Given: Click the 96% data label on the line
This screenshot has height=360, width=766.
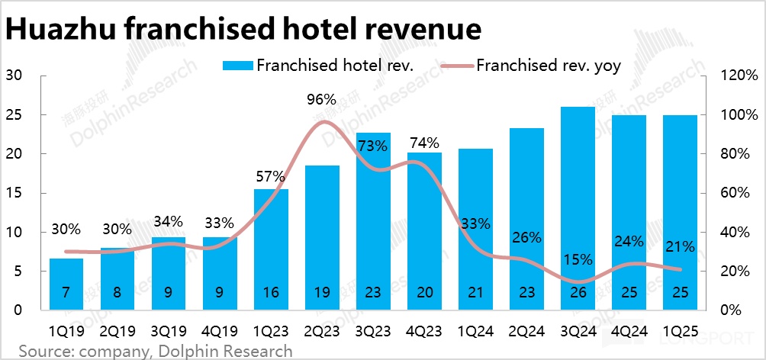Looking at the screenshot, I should [x=321, y=99].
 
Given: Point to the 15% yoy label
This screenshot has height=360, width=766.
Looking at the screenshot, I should [x=578, y=259].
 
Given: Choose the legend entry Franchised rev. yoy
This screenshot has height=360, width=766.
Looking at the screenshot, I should [x=549, y=66].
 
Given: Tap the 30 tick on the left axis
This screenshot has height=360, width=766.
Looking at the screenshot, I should [x=14, y=76].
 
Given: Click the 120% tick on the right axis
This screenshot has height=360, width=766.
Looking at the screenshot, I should [x=741, y=76].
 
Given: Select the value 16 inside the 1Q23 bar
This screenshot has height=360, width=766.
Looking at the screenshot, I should [x=270, y=293].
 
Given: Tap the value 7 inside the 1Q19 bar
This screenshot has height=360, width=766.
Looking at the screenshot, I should [x=66, y=293].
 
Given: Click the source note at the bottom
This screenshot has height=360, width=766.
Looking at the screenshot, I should [x=156, y=351].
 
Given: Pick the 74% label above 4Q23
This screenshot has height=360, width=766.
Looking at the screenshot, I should [x=424, y=143].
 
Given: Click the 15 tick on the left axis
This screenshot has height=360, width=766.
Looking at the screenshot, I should [x=14, y=193].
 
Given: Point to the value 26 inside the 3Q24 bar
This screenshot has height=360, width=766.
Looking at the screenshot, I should [x=578, y=293].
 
